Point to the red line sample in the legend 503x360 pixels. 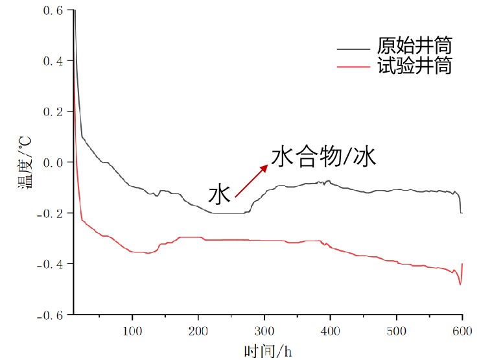point(355,66)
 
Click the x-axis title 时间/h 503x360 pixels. point(268,351)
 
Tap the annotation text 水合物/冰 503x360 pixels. point(323,157)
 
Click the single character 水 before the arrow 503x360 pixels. point(220,194)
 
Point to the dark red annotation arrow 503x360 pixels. point(251,180)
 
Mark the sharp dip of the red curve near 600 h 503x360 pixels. point(460,284)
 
